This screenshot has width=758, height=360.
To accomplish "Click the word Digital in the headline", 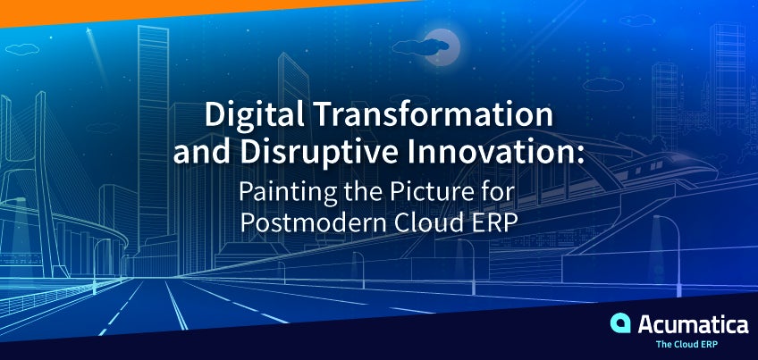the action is tap(254, 116).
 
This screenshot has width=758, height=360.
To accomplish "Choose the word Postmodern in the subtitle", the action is tap(311, 222).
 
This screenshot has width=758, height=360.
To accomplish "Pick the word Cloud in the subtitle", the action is tap(428, 222).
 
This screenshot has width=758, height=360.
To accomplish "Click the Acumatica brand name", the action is tap(693, 324).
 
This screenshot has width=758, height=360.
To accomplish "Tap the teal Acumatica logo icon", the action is tap(620, 322).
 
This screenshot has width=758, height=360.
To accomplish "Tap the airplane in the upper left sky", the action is tap(88, 31).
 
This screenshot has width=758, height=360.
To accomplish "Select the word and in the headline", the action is tap(202, 153).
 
